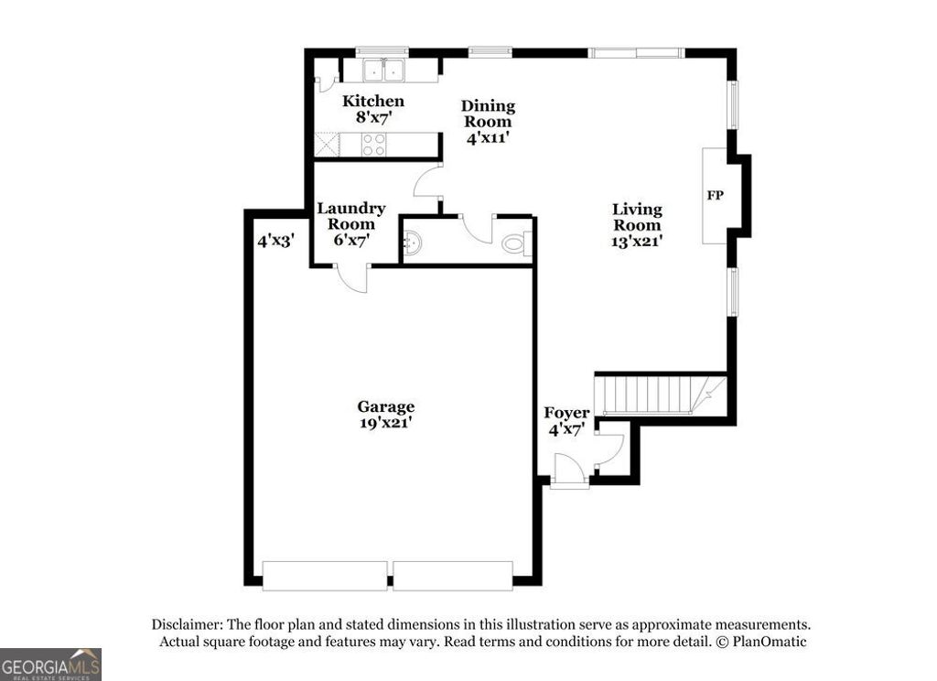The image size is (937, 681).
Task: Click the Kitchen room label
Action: click(x=372, y=101)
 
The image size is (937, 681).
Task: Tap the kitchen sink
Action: click(x=385, y=70)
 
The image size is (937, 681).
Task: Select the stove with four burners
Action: click(x=373, y=145)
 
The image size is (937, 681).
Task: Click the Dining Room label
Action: click(x=487, y=106)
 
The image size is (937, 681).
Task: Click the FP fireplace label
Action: click(x=716, y=195)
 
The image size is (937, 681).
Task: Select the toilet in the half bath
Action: click(x=517, y=244)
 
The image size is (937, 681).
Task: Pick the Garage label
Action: click(x=385, y=406)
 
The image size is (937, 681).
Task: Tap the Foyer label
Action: click(x=566, y=413)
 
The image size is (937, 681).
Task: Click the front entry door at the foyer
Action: click(x=569, y=481)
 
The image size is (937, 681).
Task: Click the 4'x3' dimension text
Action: click(x=275, y=242)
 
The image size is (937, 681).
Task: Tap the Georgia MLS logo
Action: click(x=50, y=664)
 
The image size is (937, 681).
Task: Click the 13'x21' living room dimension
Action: click(x=637, y=242)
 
